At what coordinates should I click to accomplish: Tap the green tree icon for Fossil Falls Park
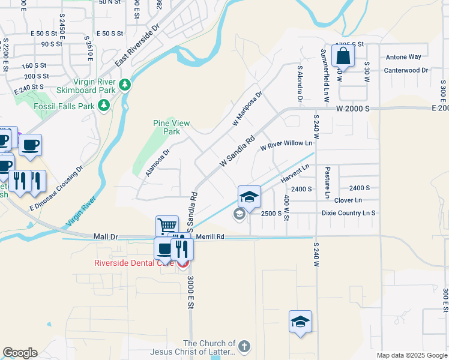click(104, 106)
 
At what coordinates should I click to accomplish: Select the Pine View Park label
click(172, 127)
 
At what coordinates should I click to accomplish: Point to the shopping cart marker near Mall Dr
click(167, 226)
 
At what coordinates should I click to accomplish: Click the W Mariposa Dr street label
click(247, 109)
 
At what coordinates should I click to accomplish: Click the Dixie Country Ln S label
click(348, 213)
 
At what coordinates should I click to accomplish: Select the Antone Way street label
click(403, 58)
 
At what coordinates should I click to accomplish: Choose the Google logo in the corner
click(20, 353)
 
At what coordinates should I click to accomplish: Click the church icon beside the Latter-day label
click(243, 346)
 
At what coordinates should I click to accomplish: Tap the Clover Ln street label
click(348, 200)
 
